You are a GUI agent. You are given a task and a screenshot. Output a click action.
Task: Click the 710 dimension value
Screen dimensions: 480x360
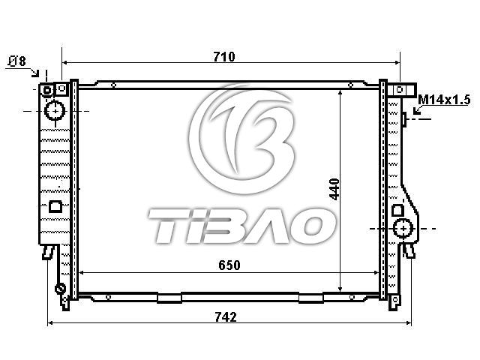(x=224, y=57)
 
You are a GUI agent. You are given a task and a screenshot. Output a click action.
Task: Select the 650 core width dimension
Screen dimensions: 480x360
(x=229, y=265)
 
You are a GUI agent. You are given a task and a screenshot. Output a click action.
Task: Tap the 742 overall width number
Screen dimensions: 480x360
(x=226, y=316)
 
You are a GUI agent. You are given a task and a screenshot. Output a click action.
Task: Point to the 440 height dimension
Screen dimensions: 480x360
(x=334, y=189)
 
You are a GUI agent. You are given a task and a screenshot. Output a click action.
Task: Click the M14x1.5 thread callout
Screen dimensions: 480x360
(x=444, y=100)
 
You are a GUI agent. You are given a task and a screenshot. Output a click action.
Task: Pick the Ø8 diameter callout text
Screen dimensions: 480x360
(x=17, y=61)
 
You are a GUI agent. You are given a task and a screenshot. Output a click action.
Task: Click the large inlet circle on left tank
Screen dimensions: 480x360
(x=55, y=111)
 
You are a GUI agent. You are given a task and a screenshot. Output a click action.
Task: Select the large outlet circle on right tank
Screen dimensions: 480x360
(x=403, y=228)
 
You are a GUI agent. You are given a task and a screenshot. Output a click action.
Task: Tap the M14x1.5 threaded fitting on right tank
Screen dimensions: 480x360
(x=404, y=119)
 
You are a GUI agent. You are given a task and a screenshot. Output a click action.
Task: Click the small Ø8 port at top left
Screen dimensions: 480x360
(x=47, y=90)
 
